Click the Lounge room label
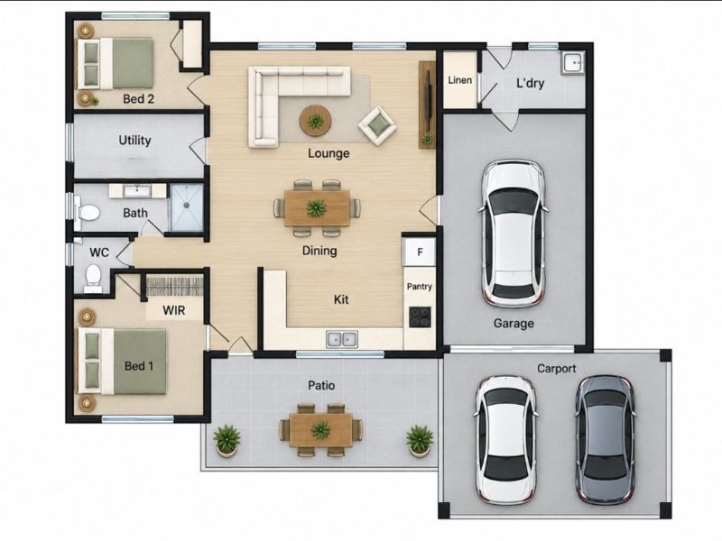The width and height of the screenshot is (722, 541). click(x=329, y=153)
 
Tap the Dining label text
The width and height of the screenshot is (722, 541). click(x=319, y=251)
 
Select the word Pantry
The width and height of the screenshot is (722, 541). click(x=420, y=287)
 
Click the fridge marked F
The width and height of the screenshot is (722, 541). click(x=419, y=252)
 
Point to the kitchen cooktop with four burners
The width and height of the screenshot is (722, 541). click(x=420, y=317)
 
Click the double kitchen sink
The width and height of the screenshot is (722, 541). click(x=342, y=340)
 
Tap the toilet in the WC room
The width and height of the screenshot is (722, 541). click(x=94, y=278)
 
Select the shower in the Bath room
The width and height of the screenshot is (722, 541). click(x=187, y=207)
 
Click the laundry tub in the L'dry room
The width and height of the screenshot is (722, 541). click(x=573, y=62)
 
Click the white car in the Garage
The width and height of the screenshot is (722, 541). click(x=514, y=234)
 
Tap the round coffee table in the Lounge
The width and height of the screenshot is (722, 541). click(x=315, y=121)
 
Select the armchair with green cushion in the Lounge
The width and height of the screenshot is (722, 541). click(x=378, y=125)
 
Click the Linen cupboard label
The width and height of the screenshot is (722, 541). click(x=460, y=80)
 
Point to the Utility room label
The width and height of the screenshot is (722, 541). click(x=134, y=141)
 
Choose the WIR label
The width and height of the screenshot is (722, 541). click(x=174, y=310)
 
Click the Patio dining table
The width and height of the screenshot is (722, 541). click(x=321, y=430)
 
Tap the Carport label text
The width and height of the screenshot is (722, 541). click(x=557, y=369)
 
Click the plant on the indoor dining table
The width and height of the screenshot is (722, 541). click(x=317, y=208)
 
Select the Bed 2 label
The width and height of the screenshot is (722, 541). click(x=139, y=99)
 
